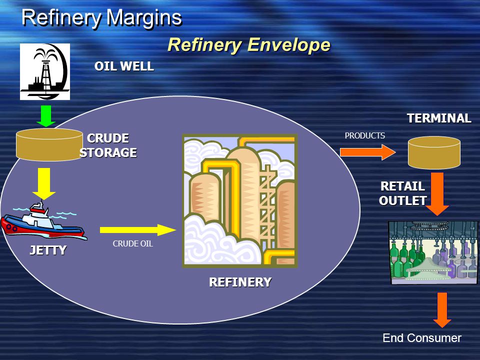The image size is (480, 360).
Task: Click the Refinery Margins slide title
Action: (x=101, y=18)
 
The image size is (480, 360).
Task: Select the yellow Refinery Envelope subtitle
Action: (x=249, y=45)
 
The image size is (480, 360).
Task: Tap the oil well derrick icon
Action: (x=45, y=71)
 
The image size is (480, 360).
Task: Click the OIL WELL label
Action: (x=124, y=66)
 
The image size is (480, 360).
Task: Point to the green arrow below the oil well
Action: (x=46, y=116)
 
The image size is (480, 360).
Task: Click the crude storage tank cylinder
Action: (x=49, y=144)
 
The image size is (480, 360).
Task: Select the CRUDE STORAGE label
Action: (x=108, y=145)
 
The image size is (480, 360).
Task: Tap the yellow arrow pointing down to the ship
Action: (x=44, y=183)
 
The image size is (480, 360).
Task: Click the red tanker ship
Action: (x=43, y=221)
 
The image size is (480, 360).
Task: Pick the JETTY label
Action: (x=48, y=250)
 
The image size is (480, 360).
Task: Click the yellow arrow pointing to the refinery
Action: (x=138, y=230)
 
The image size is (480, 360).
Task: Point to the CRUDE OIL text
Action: (x=132, y=243)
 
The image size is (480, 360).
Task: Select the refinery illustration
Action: (x=240, y=201)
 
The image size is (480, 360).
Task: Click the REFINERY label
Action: (x=240, y=282)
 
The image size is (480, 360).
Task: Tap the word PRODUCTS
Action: (x=365, y=135)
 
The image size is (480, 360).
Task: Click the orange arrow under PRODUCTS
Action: (x=367, y=152)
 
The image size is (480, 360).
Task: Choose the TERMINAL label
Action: (x=439, y=118)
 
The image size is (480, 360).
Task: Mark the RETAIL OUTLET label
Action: (x=403, y=193)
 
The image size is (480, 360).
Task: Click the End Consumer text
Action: (x=422, y=338)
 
